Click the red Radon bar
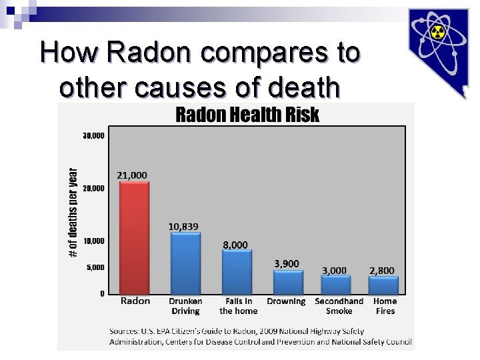click(135, 238)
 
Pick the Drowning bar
click(287, 282)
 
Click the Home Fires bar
click(384, 285)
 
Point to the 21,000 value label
click(132, 175)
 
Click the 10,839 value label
click(183, 227)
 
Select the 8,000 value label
click(235, 245)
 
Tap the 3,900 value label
click(287, 263)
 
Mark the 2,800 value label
click(382, 270)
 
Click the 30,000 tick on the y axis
click(93, 136)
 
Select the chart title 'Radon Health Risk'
click(247, 115)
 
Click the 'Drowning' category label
click(286, 301)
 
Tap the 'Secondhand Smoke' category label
click(339, 306)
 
